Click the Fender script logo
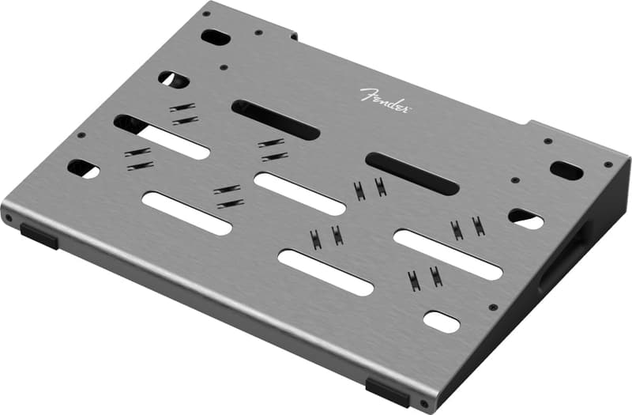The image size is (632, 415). point(385,100)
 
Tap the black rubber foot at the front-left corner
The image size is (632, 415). point(39,235)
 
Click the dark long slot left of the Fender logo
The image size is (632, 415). point(275,120)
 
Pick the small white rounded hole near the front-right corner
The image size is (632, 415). point(442,322)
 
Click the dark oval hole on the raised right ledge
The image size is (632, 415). point(566,170)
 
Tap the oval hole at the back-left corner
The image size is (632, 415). point(215,36)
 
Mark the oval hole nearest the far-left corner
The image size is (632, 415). point(84,168)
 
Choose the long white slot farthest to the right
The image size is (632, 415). point(447,255)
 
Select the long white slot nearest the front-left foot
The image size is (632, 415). point(186,213)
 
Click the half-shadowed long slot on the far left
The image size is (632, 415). point(161,137)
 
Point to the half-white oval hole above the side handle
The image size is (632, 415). point(525,219)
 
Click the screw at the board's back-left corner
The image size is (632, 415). point(206,13)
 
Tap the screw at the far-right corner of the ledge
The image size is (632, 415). point(608,164)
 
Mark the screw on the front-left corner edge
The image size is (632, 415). point(9,217)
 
